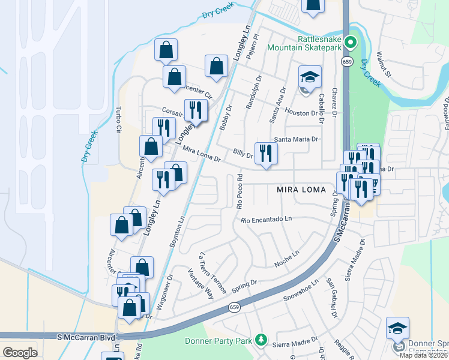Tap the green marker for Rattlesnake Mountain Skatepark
353,43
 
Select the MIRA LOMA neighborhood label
301,190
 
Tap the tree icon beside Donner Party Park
261,340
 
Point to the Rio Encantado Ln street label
266,220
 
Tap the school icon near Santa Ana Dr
310,77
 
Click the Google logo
20,352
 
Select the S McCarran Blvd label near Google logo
86,338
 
